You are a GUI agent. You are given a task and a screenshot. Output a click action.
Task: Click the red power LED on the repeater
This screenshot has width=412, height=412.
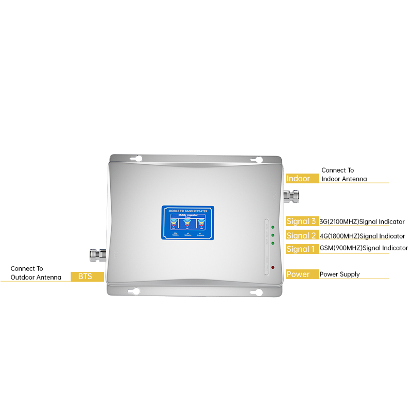tap(272, 268)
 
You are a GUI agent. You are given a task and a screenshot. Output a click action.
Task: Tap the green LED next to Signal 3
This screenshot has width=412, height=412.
tap(272, 227)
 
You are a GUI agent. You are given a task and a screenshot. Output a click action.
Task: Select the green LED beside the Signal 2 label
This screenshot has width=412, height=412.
tap(272, 235)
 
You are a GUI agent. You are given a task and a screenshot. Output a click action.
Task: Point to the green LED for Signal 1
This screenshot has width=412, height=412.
tap(272, 243)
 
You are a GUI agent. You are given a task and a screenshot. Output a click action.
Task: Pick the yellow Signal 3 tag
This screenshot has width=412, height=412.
tap(302, 221)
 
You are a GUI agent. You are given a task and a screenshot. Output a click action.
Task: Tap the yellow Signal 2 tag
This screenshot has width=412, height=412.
tap(302, 235)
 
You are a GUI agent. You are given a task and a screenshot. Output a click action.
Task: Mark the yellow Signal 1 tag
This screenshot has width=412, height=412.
tap(302, 249)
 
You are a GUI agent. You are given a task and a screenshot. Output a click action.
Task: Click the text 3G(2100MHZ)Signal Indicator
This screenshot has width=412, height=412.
tap(362, 222)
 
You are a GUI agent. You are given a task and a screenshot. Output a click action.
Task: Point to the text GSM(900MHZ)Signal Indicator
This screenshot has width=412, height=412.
tap(364, 248)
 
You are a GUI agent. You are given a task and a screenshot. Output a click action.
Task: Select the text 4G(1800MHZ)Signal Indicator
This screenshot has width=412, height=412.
tap(362, 236)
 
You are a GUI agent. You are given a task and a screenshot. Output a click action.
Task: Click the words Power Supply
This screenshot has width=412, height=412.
tap(340, 274)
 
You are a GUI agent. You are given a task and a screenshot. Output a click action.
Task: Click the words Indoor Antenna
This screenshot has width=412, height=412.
tap(344, 179)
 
